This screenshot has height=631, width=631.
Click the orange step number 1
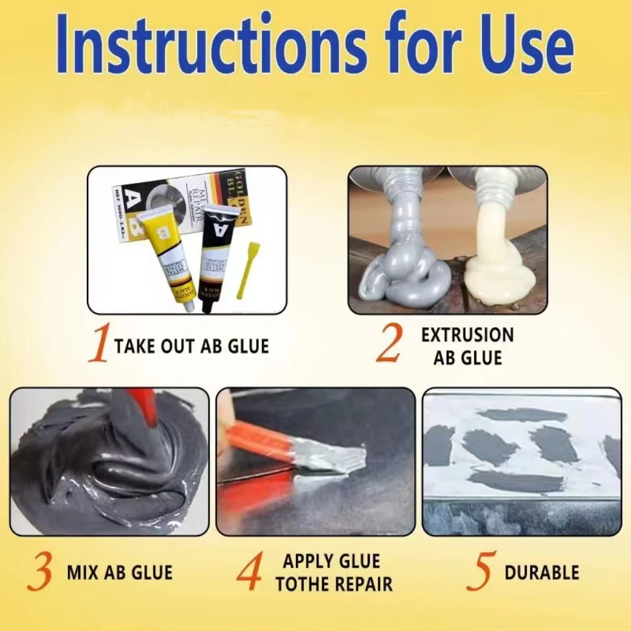[99, 344]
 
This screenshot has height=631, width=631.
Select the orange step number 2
[389, 344]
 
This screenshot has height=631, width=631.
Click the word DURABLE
[542, 572]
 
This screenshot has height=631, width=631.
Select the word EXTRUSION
[467, 335]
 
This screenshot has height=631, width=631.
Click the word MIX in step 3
[83, 572]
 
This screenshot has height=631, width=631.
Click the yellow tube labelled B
[166, 253]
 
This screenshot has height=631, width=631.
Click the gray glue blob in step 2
[404, 271]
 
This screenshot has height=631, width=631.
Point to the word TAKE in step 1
[134, 346]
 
